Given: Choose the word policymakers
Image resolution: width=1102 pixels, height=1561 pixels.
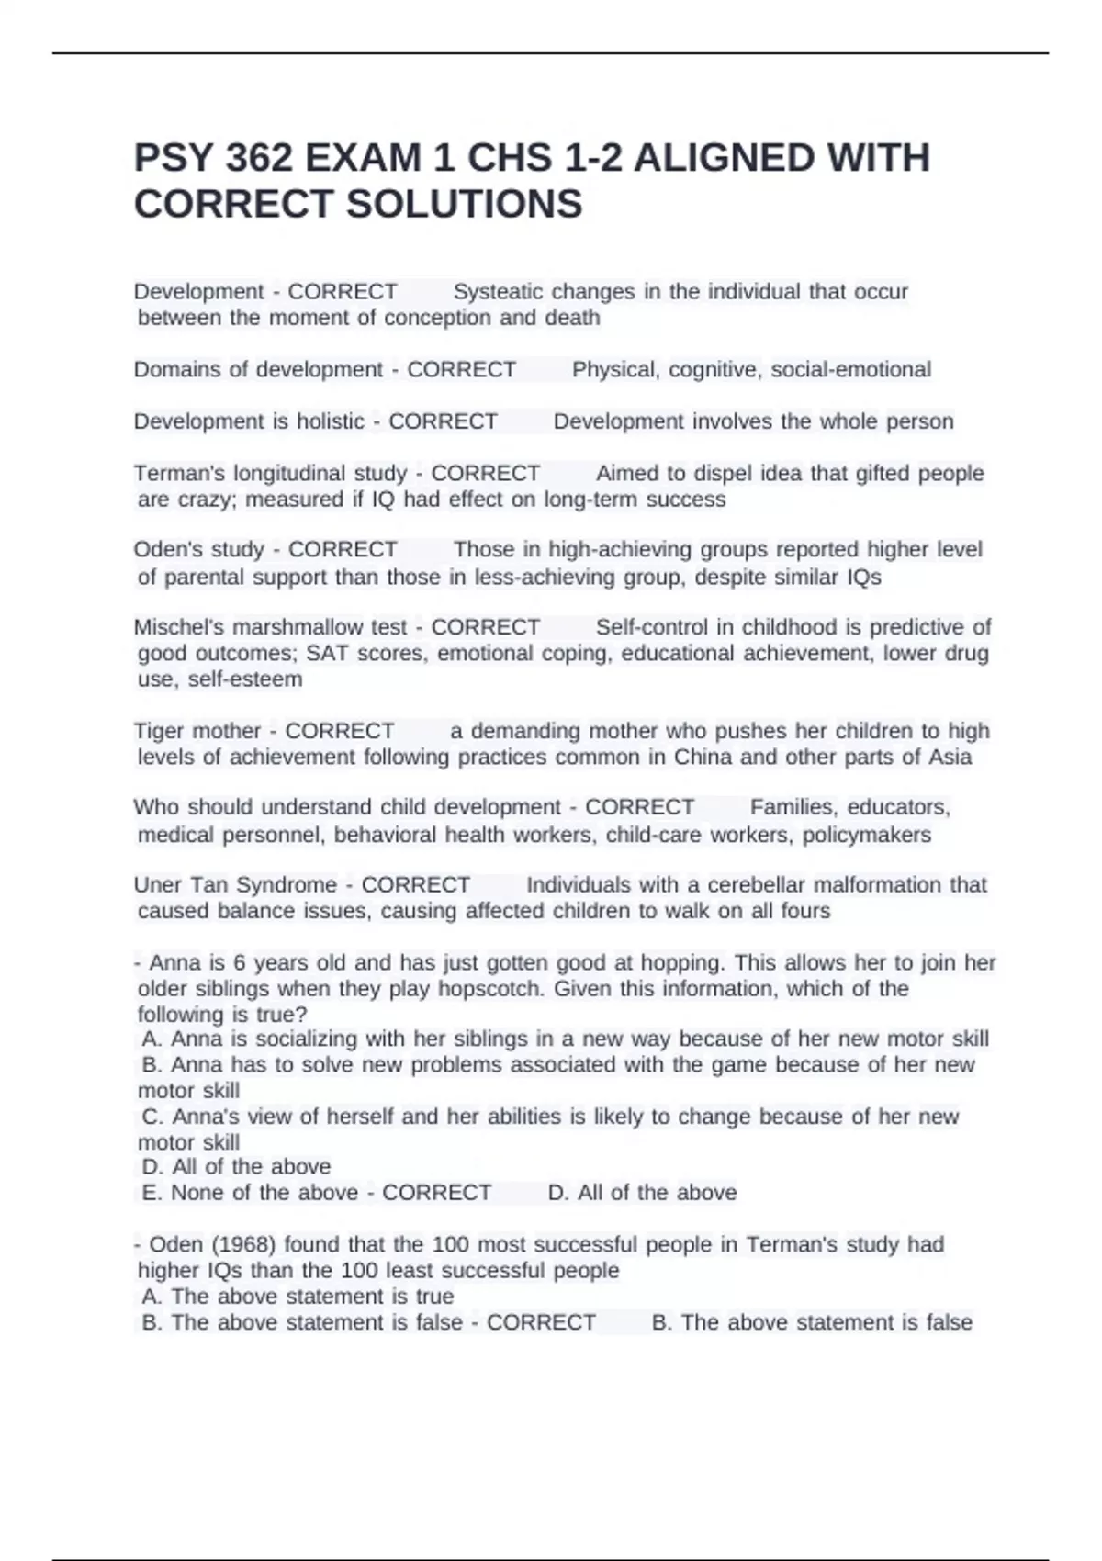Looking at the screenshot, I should click(866, 835).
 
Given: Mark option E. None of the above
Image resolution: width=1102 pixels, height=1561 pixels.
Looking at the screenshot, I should click(250, 1193).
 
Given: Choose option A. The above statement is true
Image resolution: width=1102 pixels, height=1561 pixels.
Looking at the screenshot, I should click(298, 1297).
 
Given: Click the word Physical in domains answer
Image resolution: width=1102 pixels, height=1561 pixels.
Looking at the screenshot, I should click(613, 370).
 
